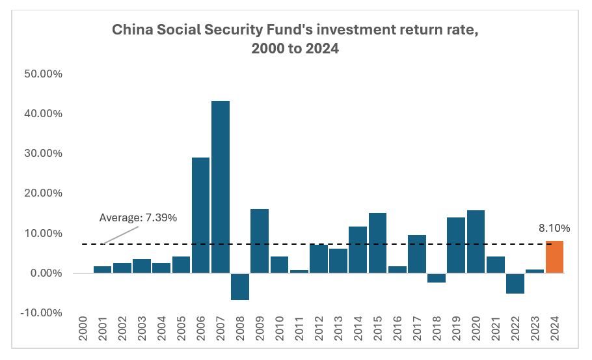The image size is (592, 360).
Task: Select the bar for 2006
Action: tap(201, 215)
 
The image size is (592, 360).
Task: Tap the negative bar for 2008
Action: tap(240, 286)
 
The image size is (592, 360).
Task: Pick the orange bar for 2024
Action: tap(554, 257)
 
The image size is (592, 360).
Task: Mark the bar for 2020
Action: tap(476, 242)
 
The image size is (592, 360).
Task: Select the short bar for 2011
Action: tap(299, 271)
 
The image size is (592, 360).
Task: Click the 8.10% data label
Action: tap(554, 228)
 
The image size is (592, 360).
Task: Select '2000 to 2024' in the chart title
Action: tap(295, 48)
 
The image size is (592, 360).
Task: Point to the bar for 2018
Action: tap(437, 278)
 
